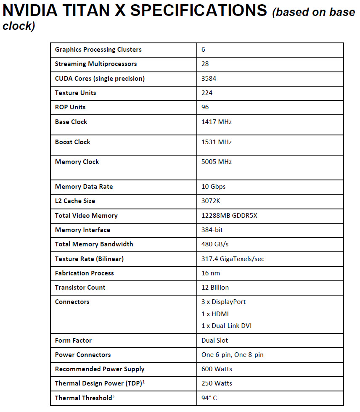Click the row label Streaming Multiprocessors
[x=96, y=64]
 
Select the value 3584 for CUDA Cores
[x=209, y=78]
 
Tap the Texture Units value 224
[x=207, y=92]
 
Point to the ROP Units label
[x=70, y=107]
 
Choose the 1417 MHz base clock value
[x=217, y=122]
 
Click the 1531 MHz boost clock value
[x=217, y=142]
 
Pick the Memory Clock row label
[x=77, y=162]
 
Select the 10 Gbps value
[x=214, y=187]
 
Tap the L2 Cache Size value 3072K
[x=211, y=201]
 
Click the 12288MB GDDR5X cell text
[x=229, y=216]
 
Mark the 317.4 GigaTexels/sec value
[x=233, y=259]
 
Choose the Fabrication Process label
[x=85, y=273]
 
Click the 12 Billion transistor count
[x=215, y=288]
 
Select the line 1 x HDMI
[x=215, y=314]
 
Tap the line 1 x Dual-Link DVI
[x=227, y=326]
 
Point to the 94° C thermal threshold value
[x=209, y=398]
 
